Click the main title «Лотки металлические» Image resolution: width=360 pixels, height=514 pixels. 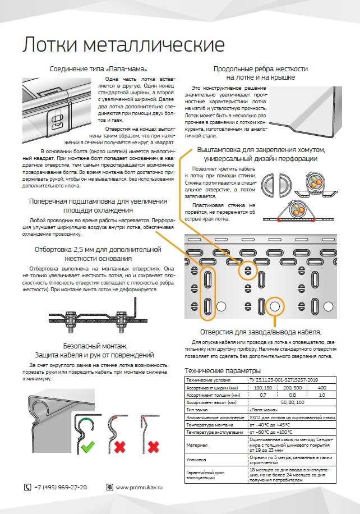123,45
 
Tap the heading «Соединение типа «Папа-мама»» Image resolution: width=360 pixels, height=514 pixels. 99,69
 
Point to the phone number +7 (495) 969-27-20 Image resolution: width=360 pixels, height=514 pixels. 61,487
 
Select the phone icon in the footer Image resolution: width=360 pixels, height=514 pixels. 27,487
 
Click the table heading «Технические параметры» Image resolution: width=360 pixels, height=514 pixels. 223,371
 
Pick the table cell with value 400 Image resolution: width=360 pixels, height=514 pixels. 321,388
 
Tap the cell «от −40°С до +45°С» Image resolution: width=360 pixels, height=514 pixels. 270,425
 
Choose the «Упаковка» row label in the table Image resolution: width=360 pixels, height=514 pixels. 197,458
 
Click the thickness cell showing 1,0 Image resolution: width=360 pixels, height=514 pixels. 321,395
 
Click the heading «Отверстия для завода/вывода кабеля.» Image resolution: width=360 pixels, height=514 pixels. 260,332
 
